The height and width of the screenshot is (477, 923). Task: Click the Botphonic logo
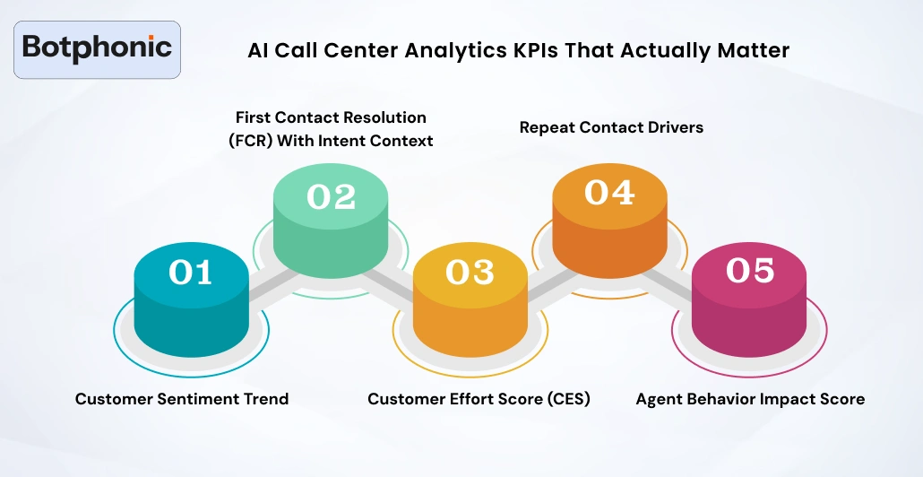pyautogui.click(x=98, y=49)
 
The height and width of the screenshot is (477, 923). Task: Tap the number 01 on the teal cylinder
pyautogui.click(x=190, y=273)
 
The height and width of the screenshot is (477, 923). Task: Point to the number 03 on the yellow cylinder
pyautogui.click(x=470, y=273)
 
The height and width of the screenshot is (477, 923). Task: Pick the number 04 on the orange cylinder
pyautogui.click(x=609, y=193)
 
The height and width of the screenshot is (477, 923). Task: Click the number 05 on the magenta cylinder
pyautogui.click(x=749, y=271)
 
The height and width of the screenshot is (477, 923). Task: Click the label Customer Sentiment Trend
pyautogui.click(x=182, y=399)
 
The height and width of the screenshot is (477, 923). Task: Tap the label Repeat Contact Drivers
pyautogui.click(x=611, y=127)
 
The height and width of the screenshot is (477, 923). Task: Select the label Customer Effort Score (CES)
pyautogui.click(x=479, y=399)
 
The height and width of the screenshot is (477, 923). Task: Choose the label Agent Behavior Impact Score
pyautogui.click(x=750, y=399)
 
